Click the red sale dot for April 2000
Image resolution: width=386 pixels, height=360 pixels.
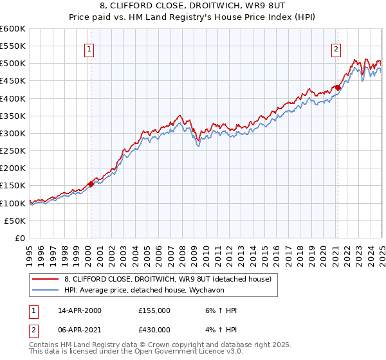click(91, 184)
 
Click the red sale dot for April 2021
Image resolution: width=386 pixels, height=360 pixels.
click(338, 87)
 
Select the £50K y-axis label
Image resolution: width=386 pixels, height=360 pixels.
click(15, 221)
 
